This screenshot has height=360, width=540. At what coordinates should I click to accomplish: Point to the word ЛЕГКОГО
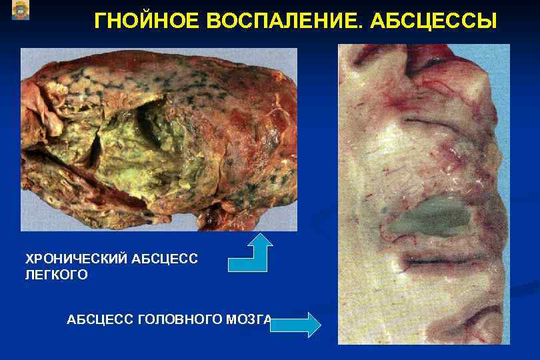click(56, 275)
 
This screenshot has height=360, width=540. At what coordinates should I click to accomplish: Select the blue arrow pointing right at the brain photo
click(295, 325)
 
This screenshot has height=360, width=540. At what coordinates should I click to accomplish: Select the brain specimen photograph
click(423, 193)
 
